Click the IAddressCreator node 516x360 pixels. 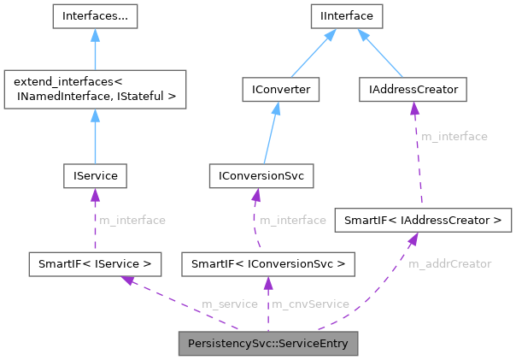tap(413, 88)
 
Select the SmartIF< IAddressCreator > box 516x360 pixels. tap(423, 220)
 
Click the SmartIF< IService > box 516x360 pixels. tap(94, 263)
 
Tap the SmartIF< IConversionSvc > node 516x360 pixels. tap(268, 263)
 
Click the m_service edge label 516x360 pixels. tap(229, 304)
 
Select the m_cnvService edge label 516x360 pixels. tap(310, 304)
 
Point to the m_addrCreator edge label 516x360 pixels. tap(449, 263)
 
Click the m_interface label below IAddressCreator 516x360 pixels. tap(454, 136)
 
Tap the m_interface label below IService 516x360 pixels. tap(132, 220)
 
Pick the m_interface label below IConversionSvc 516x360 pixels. tap(293, 220)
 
